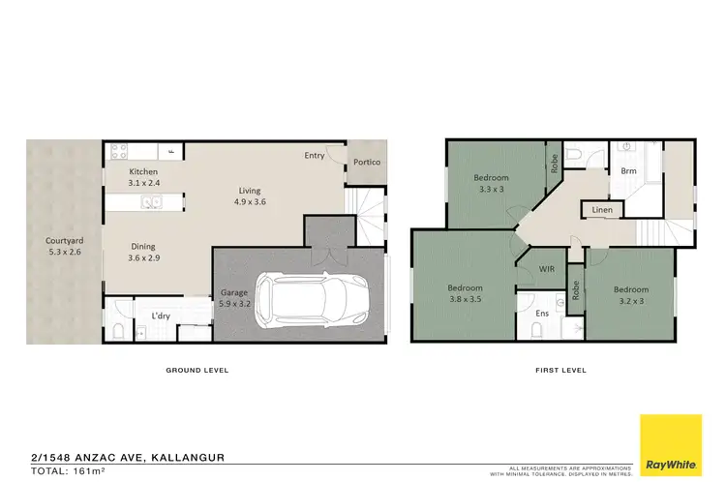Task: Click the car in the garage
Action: pyautogui.click(x=311, y=297)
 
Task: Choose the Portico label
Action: pyautogui.click(x=365, y=163)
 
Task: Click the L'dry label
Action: pyautogui.click(x=161, y=316)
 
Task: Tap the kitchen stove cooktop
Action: pyautogui.click(x=120, y=151)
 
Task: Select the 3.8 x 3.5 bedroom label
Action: pyautogui.click(x=464, y=294)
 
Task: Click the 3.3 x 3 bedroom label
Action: pyautogui.click(x=491, y=184)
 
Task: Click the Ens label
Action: pyautogui.click(x=529, y=313)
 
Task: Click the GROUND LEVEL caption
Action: pyautogui.click(x=197, y=371)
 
